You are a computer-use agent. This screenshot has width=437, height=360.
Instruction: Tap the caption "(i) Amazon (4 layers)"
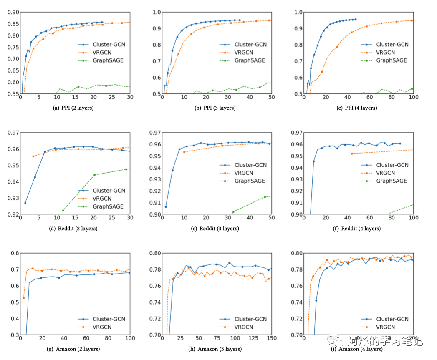(x=358, y=349)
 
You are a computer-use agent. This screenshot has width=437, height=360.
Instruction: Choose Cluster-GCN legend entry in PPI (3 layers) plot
(x=250, y=45)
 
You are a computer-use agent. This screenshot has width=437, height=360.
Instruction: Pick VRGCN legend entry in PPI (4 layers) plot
(x=386, y=53)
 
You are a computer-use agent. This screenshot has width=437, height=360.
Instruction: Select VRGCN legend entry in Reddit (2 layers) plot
(x=102, y=199)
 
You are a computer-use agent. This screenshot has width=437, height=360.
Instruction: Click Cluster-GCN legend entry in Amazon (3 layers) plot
(x=250, y=319)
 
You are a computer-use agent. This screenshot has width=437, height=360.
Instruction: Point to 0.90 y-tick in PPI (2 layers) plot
(x=13, y=12)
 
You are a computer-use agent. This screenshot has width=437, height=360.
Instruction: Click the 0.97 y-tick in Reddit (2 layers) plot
(x=13, y=133)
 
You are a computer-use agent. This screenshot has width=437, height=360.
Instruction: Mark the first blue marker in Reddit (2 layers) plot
(x=25, y=203)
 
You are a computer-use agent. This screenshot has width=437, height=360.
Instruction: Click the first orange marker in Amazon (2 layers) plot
(x=23, y=298)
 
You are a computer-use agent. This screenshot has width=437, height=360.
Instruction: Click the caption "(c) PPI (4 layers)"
(x=358, y=108)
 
